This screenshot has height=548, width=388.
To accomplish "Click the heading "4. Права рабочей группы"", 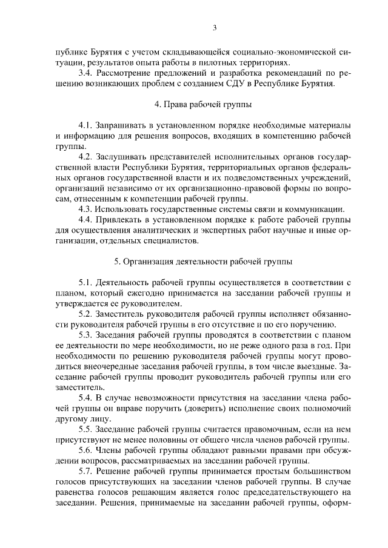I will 194,104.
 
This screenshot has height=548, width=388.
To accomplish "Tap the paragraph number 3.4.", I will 87,73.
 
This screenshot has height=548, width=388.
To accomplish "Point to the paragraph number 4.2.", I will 87,156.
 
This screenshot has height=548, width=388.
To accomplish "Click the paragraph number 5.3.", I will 87,335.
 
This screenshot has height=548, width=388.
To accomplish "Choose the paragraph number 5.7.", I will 87,471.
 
